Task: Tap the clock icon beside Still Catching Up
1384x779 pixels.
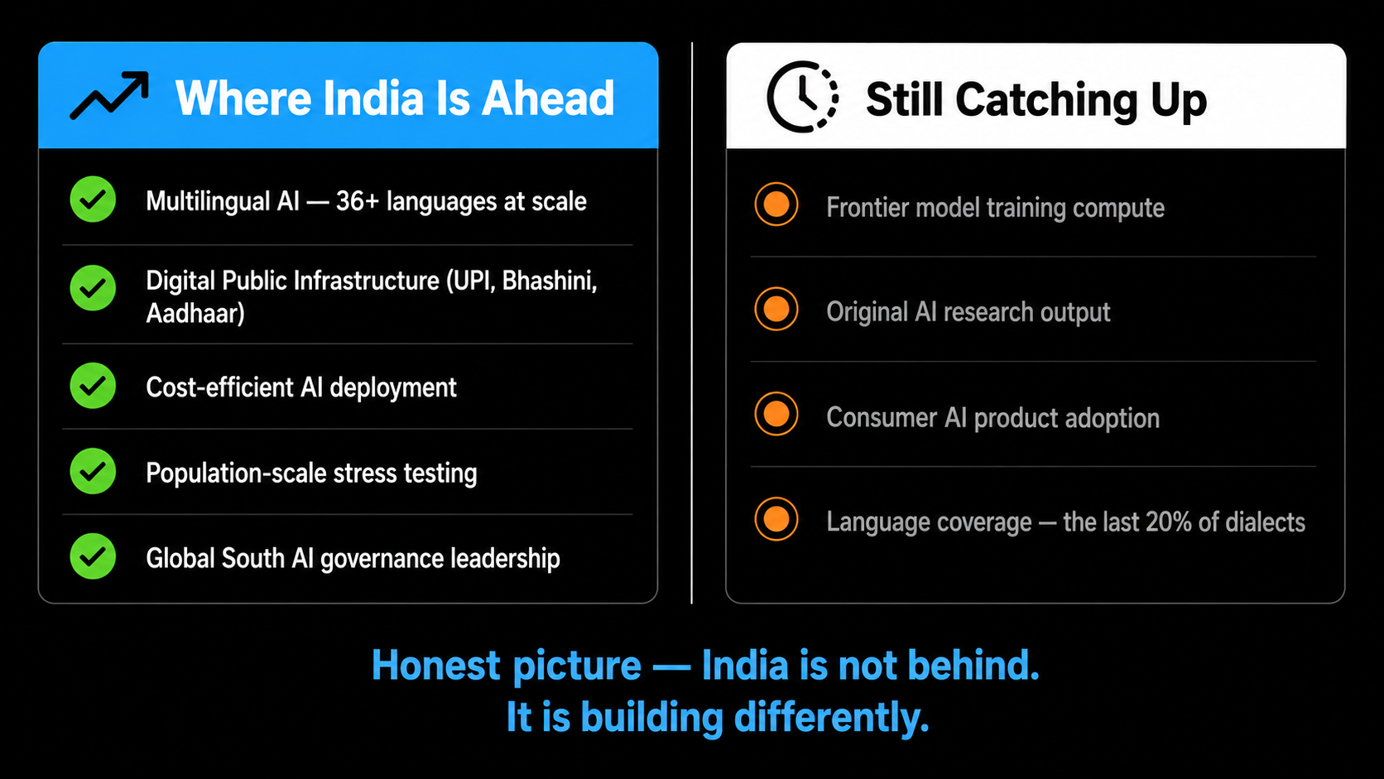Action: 803,96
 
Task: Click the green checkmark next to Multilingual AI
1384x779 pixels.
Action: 93,199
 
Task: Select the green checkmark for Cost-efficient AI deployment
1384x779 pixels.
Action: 93,386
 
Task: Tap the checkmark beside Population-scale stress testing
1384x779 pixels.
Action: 93,471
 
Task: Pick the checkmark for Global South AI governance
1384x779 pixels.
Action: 93,556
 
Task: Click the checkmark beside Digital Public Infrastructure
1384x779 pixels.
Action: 93,288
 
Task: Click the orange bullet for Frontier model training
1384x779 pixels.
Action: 776,204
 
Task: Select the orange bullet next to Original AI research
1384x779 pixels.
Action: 776,309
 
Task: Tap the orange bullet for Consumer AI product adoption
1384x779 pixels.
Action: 776,414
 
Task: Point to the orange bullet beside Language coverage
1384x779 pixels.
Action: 776,519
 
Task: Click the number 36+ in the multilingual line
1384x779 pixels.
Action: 357,201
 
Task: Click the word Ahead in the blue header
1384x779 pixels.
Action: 547,99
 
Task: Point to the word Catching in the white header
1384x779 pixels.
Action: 1046,99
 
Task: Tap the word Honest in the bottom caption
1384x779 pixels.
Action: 436,666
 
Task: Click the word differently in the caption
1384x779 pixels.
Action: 832,718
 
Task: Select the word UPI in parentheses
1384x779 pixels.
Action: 471,281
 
